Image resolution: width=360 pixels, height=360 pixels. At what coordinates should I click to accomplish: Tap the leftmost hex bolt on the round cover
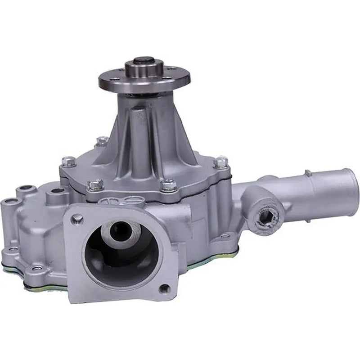pyautogui.click(x=69, y=161)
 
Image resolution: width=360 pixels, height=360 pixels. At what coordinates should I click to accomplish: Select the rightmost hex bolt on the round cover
pyautogui.click(x=220, y=162)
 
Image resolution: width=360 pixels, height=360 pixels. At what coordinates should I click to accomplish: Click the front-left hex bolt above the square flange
pyautogui.click(x=95, y=184)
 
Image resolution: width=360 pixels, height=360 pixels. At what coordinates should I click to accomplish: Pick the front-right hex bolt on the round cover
pyautogui.click(x=169, y=184)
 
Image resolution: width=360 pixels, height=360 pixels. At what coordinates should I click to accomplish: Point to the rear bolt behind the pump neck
pyautogui.click(x=103, y=140)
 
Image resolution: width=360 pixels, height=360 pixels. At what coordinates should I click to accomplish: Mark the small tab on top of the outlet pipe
pyautogui.click(x=308, y=172)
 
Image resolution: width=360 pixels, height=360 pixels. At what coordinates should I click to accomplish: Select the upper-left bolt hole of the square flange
pyautogui.click(x=77, y=219)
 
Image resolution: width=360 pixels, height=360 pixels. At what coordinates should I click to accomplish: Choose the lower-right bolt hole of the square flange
pyautogui.click(x=165, y=288)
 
